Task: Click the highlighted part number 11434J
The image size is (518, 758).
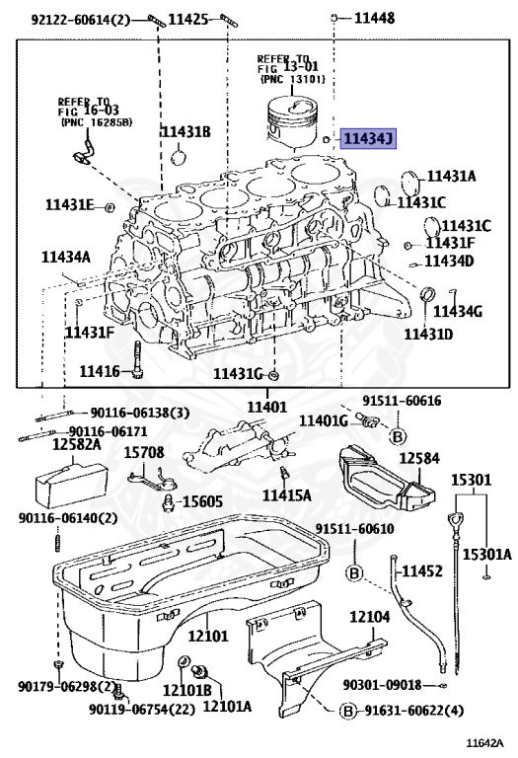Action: click(x=368, y=140)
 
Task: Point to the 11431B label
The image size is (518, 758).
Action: click(x=185, y=131)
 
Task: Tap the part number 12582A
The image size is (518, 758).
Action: click(x=76, y=445)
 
